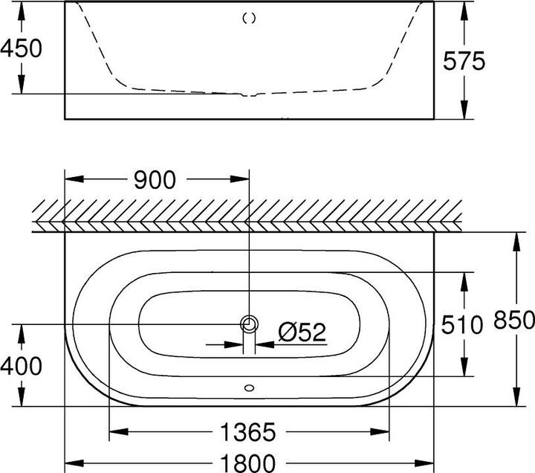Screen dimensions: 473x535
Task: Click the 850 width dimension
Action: (513, 321)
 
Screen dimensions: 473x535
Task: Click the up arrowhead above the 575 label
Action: (464, 9)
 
